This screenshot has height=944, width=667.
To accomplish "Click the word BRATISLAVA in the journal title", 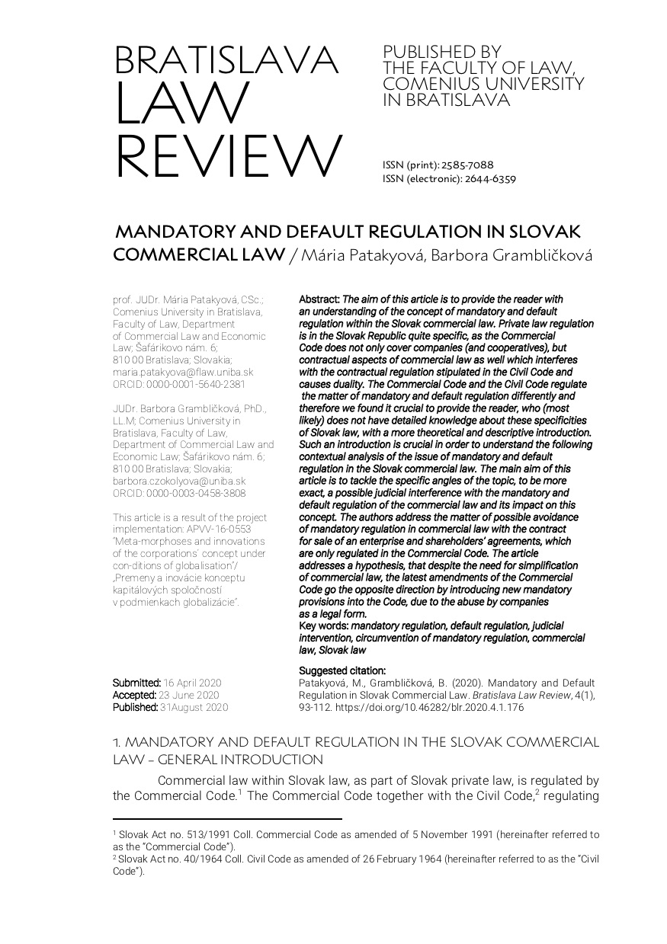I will [x=226, y=61].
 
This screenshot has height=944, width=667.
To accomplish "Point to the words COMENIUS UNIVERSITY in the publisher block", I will [x=483, y=84].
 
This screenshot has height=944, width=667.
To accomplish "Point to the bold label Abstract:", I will [x=319, y=300].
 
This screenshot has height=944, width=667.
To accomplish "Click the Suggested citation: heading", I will [x=342, y=670].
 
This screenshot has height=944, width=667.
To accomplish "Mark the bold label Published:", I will [x=136, y=707].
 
